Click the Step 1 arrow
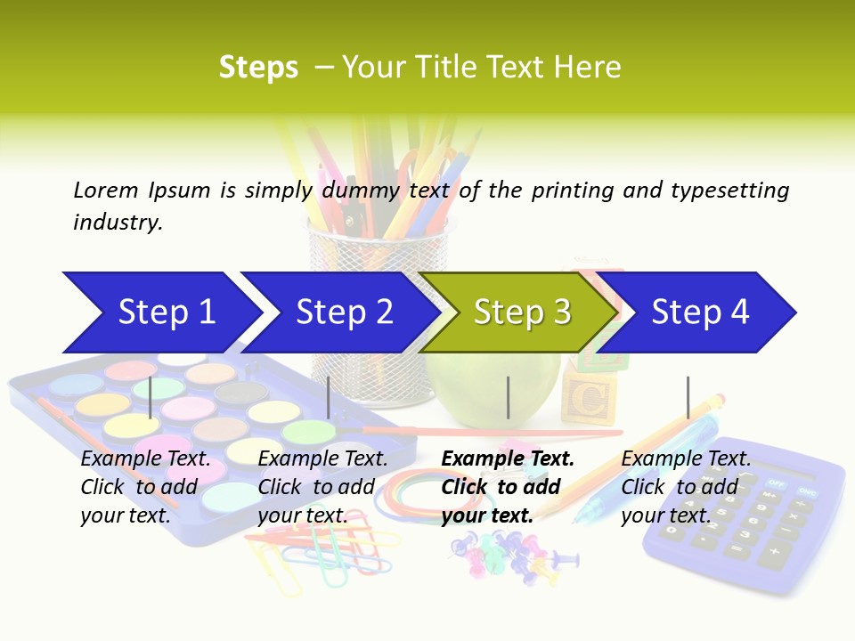(160, 312)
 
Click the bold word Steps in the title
(258, 68)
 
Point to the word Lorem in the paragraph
(106, 190)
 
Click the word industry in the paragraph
(117, 223)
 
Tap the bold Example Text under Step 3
(508, 459)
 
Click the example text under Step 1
(145, 487)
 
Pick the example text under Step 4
(685, 487)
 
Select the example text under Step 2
(322, 487)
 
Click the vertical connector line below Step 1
(151, 397)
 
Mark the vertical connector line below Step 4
(688, 397)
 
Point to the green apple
(481, 383)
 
